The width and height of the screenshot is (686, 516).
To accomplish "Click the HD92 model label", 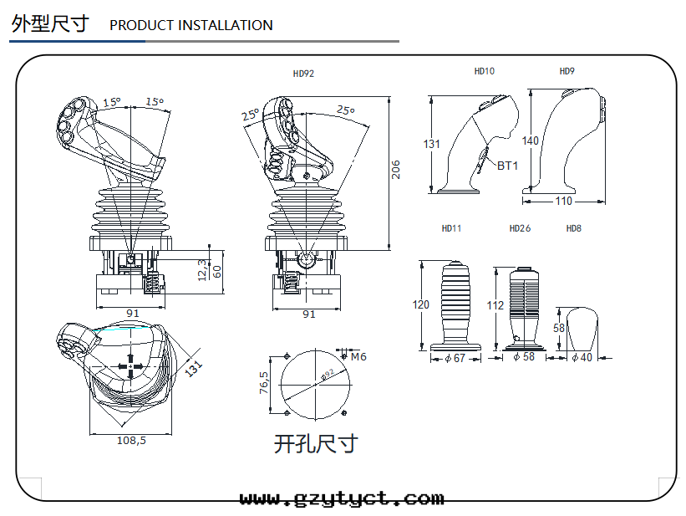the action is tap(303, 74).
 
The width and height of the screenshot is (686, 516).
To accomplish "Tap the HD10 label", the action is tap(485, 71).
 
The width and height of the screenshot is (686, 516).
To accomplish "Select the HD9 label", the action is tap(567, 71).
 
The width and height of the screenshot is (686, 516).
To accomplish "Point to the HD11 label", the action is tap(451, 228).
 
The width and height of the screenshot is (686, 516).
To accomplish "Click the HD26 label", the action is tap(520, 228).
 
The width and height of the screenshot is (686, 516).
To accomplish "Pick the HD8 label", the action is tap(573, 228).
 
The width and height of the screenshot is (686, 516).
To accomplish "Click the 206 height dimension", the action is tap(395, 170).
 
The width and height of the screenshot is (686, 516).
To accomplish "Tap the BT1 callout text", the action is tap(507, 166).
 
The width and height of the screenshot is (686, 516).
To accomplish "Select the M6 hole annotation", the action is tap(358, 357).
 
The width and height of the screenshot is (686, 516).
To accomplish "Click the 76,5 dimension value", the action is tap(264, 382).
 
